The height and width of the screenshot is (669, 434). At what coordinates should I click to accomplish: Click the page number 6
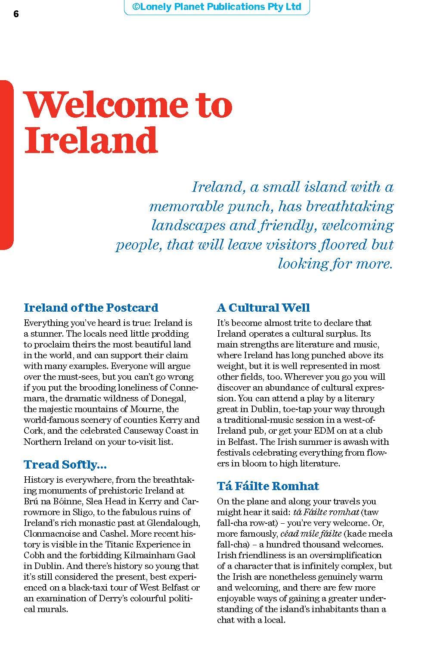[x=16, y=14]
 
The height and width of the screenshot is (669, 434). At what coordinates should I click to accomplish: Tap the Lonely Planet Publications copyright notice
[x=217, y=7]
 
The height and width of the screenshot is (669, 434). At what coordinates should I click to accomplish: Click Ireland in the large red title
[x=91, y=140]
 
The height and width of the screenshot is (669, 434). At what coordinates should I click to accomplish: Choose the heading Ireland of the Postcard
[x=91, y=307]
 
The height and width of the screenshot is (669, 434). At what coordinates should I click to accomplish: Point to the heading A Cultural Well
[x=263, y=307]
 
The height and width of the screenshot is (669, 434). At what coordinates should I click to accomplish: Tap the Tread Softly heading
[x=65, y=464]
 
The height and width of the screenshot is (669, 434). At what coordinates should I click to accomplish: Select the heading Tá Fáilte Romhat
[x=268, y=486]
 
